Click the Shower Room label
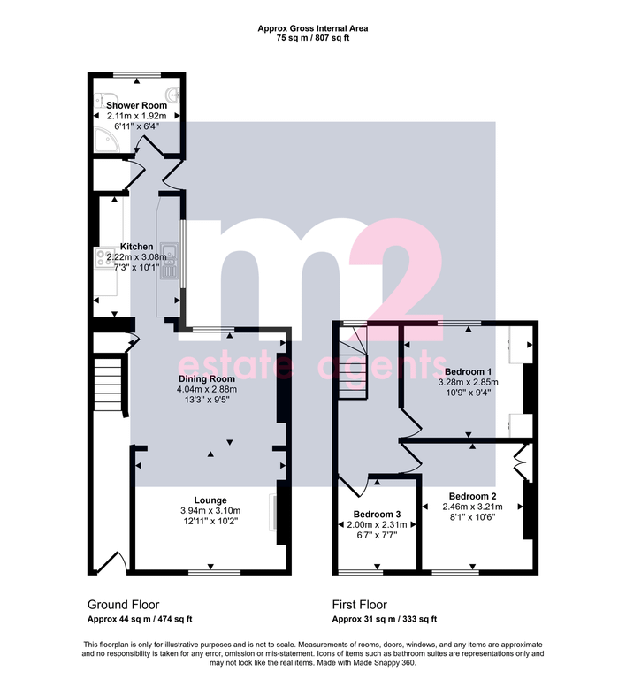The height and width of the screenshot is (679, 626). click(x=136, y=105)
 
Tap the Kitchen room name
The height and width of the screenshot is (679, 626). click(x=136, y=247)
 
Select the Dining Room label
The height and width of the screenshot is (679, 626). click(x=207, y=378)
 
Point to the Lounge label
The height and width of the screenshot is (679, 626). click(x=210, y=500)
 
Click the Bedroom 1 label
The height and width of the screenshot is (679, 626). click(x=468, y=371)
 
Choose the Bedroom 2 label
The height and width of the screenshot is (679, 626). click(x=473, y=496)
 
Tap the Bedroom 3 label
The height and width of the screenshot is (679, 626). click(x=377, y=514)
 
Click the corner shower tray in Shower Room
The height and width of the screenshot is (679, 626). click(x=106, y=139)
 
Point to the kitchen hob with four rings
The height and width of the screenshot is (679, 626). click(x=105, y=257)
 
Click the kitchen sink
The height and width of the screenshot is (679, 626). click(x=169, y=260)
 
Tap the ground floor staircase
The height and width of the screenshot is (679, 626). click(x=107, y=382)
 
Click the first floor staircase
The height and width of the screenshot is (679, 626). click(x=353, y=362)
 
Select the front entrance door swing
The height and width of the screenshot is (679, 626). click(x=111, y=562)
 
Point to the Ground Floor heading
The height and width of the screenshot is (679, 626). click(x=124, y=605)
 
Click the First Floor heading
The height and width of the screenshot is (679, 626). click(x=360, y=605)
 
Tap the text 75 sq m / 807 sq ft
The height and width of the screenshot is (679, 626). click(x=313, y=38)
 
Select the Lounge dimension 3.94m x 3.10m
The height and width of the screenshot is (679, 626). click(x=210, y=510)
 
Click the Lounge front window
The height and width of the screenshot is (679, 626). click(x=215, y=572)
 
